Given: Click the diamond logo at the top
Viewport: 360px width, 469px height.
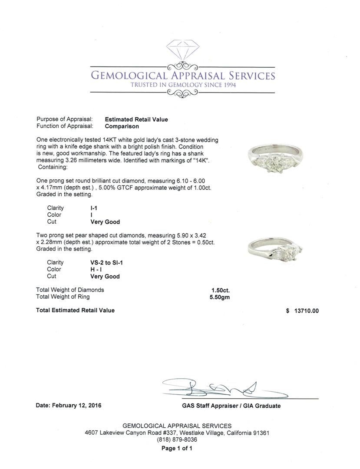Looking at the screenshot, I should tap(182, 52).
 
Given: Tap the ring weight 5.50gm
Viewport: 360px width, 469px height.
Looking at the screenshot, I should tap(220, 297).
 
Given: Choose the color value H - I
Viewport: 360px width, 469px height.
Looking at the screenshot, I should tap(96, 269).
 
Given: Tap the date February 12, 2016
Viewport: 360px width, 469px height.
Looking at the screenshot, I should tap(68, 406).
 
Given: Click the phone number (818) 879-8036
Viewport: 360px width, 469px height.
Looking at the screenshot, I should tap(177, 439).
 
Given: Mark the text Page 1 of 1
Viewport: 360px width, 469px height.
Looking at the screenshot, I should tap(177, 449).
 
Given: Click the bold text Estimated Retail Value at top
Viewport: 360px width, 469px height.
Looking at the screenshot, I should tap(136, 119).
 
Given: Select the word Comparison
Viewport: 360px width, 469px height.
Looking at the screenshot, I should tap(122, 126).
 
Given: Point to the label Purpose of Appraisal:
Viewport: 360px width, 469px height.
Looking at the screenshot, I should tap(64, 119).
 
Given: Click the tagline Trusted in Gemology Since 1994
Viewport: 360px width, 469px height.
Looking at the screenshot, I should tap(183, 85).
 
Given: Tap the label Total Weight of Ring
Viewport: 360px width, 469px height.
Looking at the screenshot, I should tap(63, 297).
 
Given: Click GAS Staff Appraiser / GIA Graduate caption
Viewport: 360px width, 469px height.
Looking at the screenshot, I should tap(231, 406).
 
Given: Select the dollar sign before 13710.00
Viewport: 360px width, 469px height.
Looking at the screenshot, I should tap(287, 311).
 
